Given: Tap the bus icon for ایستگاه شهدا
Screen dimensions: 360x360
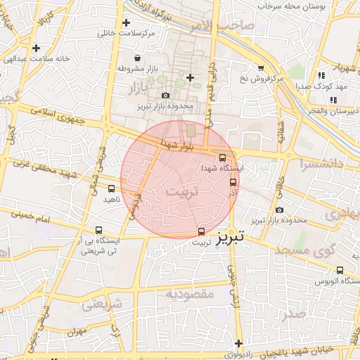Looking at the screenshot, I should (x=224, y=158).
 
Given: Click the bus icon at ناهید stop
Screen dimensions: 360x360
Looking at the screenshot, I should (x=112, y=188).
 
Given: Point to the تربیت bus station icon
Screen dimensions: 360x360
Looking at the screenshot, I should (x=202, y=231).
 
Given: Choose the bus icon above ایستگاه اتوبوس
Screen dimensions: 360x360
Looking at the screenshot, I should (x=340, y=270).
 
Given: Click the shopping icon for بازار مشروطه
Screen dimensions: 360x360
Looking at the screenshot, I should (x=137, y=58).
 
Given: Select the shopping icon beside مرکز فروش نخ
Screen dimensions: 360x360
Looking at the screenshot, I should (x=261, y=68).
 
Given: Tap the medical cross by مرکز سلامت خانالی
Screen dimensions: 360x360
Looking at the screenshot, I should (x=126, y=23).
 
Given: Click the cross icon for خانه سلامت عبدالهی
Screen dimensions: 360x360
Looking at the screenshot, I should (x=36, y=48).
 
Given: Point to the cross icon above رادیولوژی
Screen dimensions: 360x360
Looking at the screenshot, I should (x=239, y=343).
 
